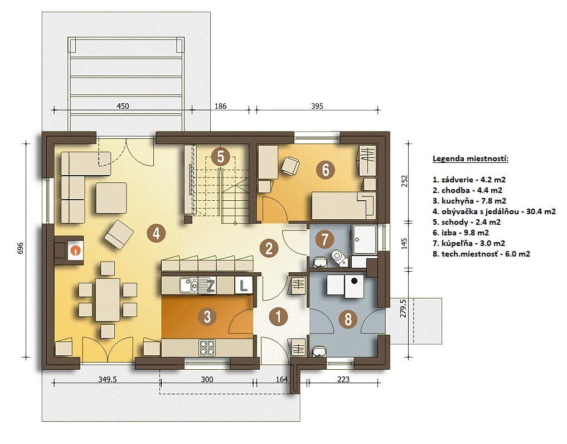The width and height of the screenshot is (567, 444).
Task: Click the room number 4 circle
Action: (x=156, y=233)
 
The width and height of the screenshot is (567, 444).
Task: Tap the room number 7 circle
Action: (x=324, y=239)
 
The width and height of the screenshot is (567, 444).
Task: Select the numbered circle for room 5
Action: (x=221, y=157)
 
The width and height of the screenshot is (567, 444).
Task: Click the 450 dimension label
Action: (x=123, y=106)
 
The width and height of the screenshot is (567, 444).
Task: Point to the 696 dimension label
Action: (x=20, y=248)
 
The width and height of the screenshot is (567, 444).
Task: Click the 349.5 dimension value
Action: (x=108, y=379)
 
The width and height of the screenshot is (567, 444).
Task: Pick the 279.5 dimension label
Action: (x=404, y=308)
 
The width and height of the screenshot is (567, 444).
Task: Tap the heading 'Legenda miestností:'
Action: (x=471, y=158)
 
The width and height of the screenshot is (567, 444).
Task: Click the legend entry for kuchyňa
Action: (x=469, y=201)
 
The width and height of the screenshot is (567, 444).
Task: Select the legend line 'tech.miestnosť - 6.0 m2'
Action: (x=481, y=254)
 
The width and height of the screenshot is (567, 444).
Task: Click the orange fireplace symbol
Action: (x=76, y=250)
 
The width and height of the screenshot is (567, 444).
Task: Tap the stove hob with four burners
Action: (x=207, y=348)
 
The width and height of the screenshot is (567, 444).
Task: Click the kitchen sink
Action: (x=189, y=285)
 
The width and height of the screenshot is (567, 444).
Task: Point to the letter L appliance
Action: (x=244, y=285)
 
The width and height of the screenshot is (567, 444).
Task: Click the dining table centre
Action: (x=108, y=300)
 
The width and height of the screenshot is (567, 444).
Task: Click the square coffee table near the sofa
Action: (x=112, y=198)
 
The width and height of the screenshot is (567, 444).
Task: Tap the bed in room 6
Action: (x=343, y=205)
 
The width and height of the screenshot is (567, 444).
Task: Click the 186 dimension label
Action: (x=220, y=106)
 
